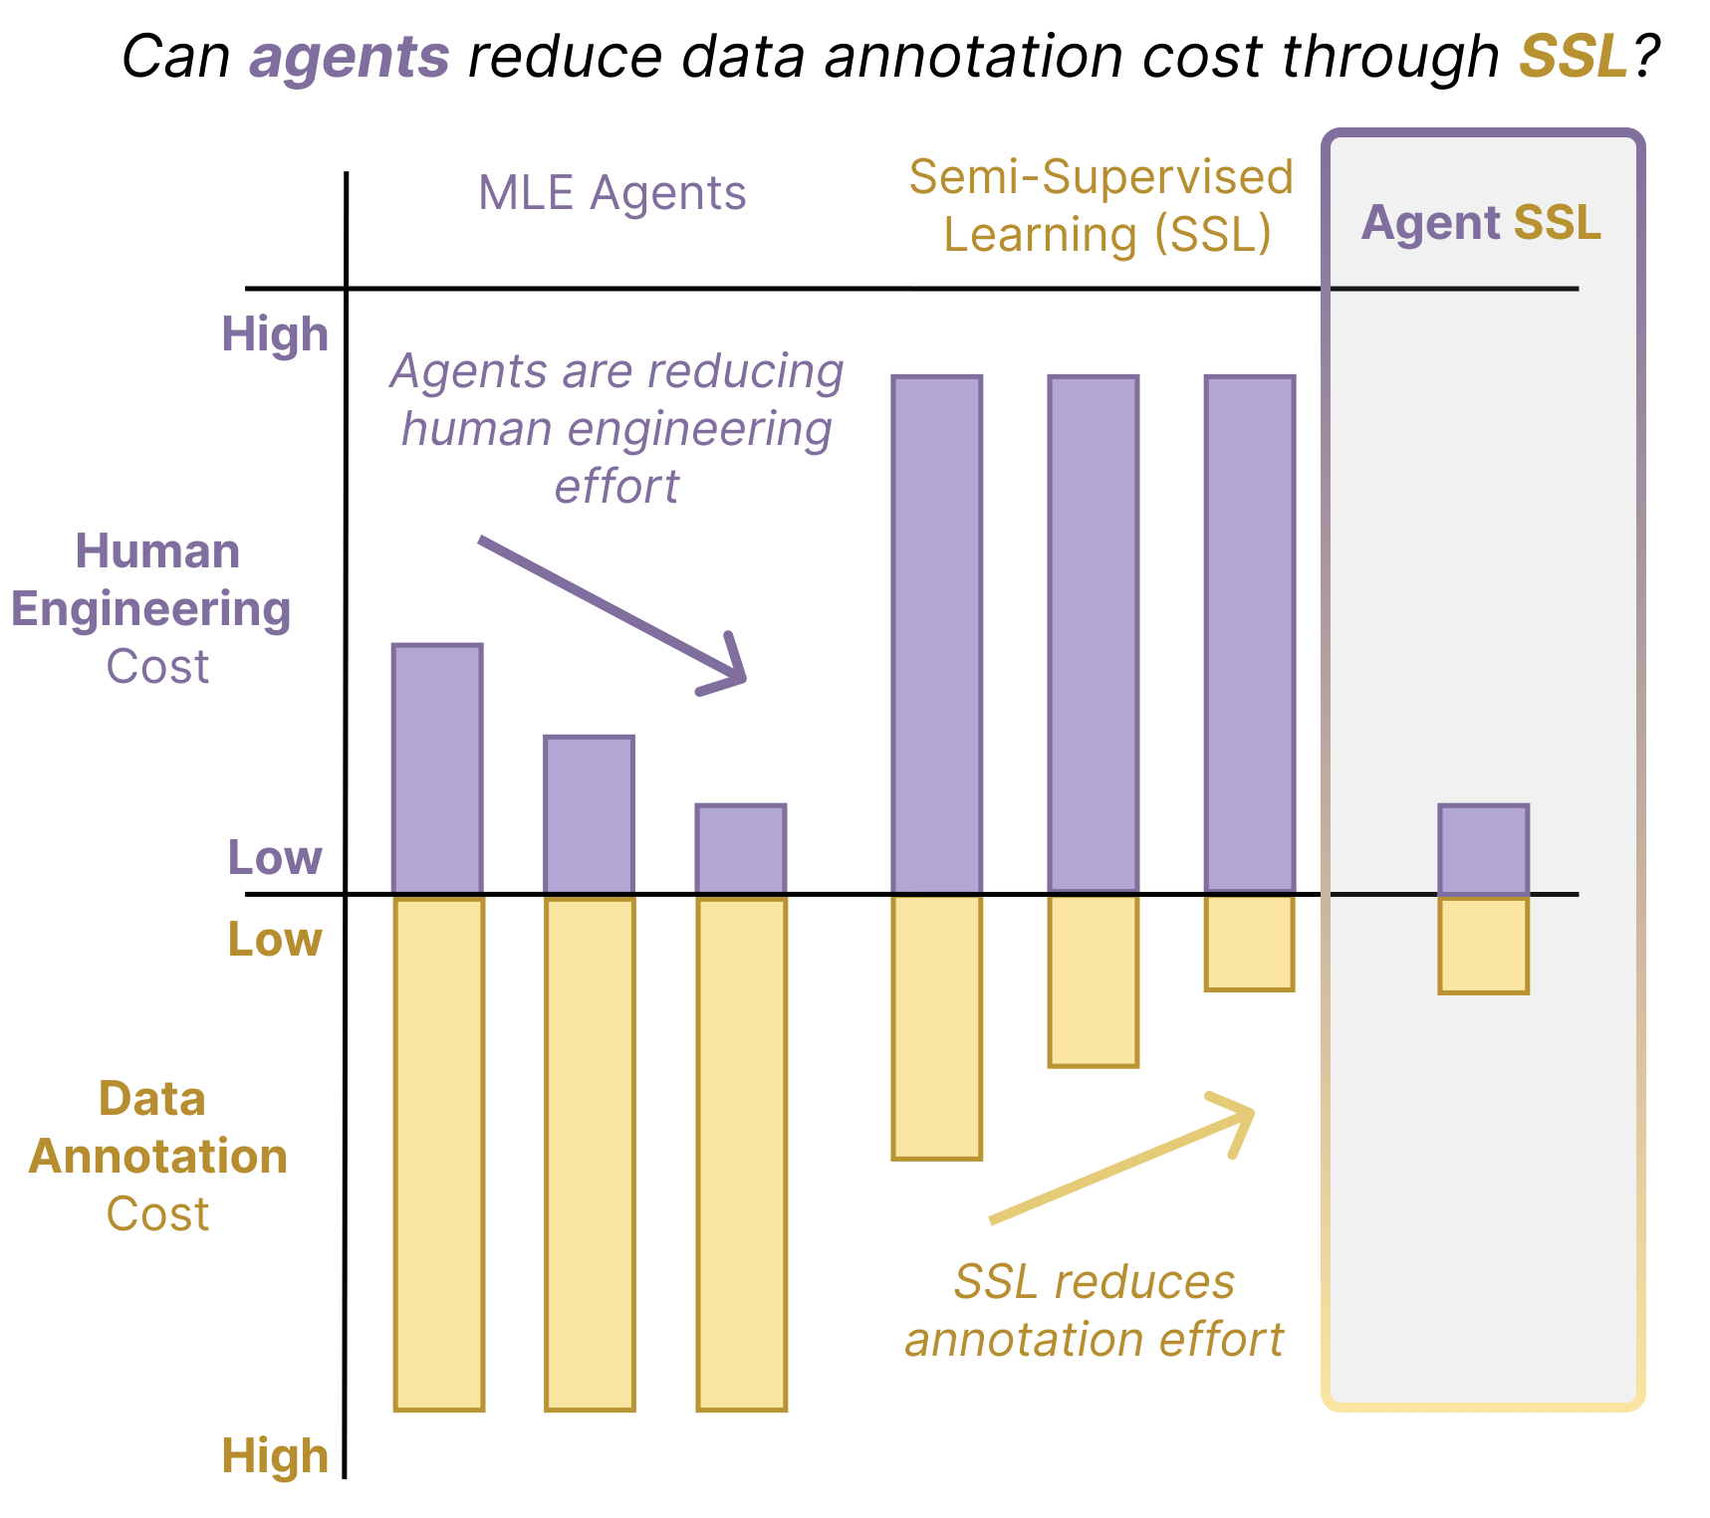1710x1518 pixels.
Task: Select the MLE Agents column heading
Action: (612, 193)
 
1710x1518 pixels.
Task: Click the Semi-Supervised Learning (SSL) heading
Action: (1101, 206)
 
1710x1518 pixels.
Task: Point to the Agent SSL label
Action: (1481, 223)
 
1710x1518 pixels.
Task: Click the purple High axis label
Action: (275, 334)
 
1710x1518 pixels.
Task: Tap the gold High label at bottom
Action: (275, 1456)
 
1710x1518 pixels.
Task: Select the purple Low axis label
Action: (275, 857)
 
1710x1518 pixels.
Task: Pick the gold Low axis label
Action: (275, 939)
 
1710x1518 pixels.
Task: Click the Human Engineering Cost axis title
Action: (151, 609)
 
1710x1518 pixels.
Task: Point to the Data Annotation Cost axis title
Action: (157, 1157)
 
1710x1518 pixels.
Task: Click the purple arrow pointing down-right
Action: (612, 612)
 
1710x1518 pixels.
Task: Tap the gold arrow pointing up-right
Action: (1122, 1157)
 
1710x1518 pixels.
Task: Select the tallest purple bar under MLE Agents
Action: (438, 769)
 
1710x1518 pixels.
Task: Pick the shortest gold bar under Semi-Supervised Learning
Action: (1250, 943)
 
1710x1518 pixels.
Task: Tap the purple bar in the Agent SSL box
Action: (1484, 850)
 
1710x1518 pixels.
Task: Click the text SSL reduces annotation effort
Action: (1095, 1311)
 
